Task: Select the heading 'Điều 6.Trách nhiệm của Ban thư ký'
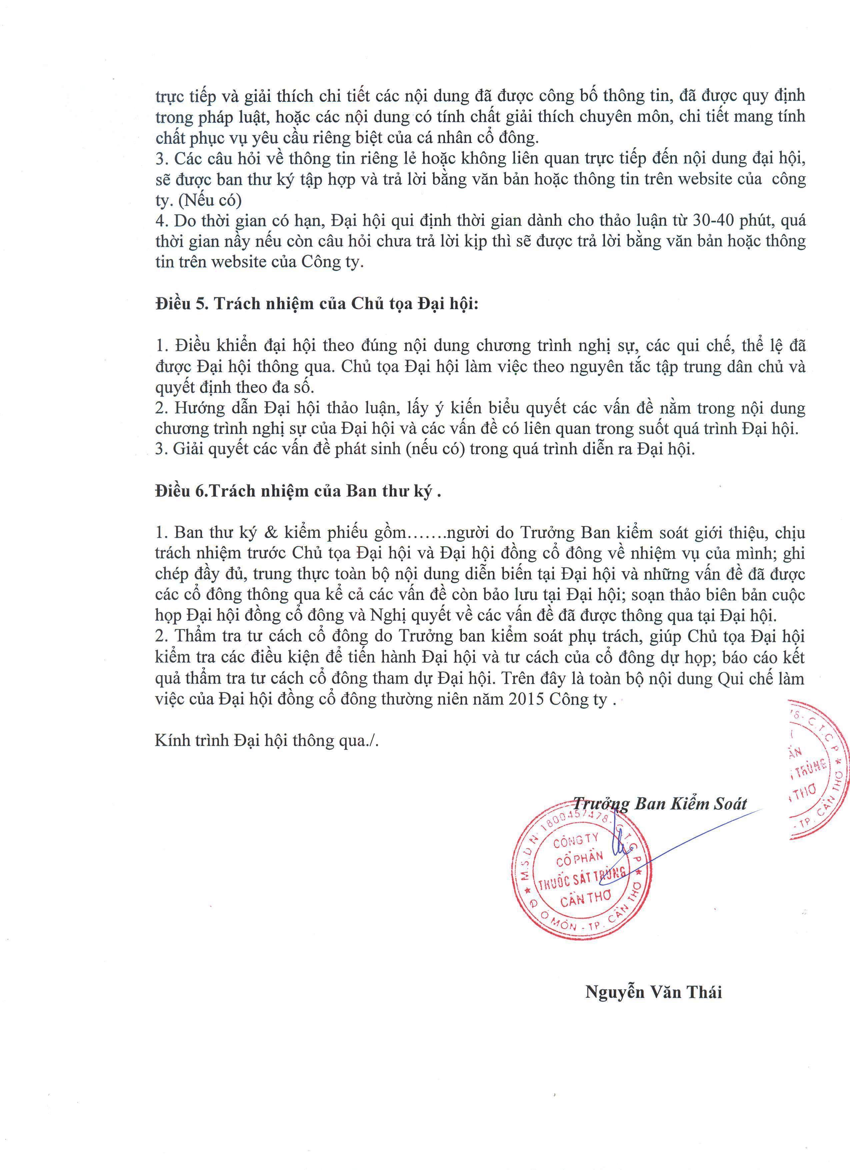298,491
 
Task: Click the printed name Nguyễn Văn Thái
653,992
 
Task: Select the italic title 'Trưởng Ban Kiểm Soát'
661,804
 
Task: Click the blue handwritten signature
619,846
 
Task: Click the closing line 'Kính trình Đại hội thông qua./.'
267,741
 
